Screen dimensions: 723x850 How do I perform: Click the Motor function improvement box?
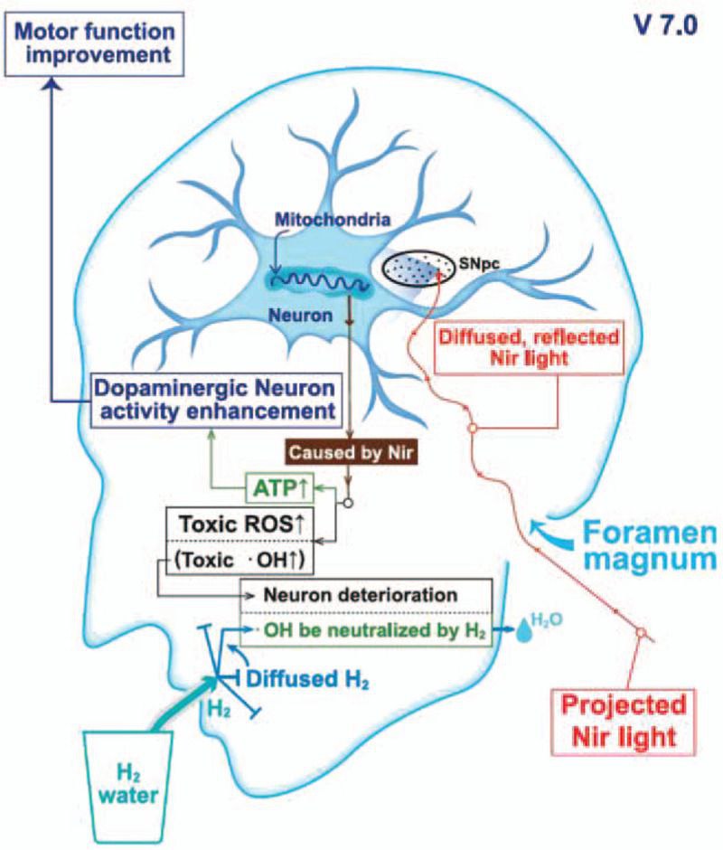point(95,44)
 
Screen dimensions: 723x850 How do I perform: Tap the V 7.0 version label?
point(665,26)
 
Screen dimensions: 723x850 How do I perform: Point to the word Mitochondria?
point(333,219)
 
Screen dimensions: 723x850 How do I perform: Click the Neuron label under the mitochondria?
point(301,315)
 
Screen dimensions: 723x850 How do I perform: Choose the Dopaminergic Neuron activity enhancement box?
point(215,400)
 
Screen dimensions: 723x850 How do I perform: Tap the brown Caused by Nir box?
point(352,452)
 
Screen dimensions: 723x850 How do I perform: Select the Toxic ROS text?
point(242,524)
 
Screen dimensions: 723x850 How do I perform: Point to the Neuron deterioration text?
point(361,595)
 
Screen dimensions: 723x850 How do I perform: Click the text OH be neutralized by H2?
point(374,631)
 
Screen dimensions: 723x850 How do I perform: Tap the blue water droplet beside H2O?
point(523,632)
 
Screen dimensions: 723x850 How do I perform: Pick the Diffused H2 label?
point(307,679)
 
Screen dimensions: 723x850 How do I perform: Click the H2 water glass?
point(128,786)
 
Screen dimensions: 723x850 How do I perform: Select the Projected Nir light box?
point(624,722)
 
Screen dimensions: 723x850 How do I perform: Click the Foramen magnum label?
point(649,546)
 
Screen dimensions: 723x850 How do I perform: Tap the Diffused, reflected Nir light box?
point(529,348)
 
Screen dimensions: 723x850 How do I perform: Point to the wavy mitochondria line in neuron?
point(320,282)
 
